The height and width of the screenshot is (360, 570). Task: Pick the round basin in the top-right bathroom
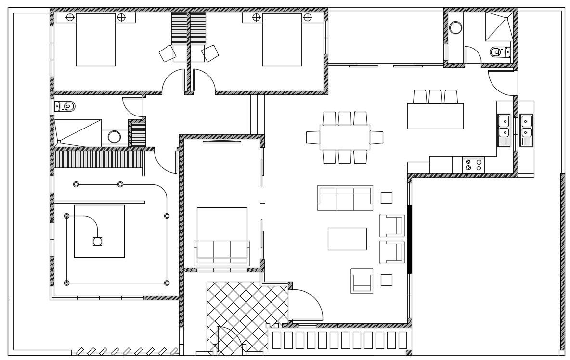455,28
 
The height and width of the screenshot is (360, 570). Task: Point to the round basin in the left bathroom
114,137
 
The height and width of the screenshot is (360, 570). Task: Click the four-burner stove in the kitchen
473,165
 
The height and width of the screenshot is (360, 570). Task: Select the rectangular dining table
345,137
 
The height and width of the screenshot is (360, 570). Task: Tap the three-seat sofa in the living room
345,198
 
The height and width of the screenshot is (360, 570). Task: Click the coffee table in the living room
347,239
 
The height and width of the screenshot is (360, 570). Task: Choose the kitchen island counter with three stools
435,116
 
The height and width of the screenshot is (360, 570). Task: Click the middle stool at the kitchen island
435,97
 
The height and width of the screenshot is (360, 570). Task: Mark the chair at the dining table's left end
313,138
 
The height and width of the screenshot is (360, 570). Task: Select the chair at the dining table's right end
376,138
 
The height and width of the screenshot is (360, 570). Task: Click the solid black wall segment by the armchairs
410,239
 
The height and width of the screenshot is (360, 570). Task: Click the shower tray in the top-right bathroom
499,26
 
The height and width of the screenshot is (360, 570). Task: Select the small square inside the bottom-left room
97,242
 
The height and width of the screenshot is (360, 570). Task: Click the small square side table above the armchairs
386,198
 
